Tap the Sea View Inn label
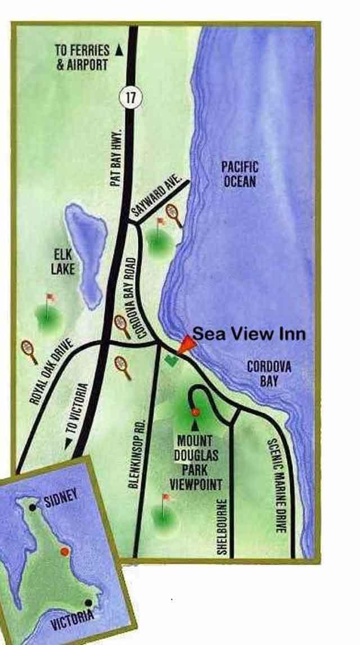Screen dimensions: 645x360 coord(249,334)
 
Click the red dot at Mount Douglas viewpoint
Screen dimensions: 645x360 coord(195,413)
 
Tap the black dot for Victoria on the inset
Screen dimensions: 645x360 coord(88,602)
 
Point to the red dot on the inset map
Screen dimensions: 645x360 coord(65,552)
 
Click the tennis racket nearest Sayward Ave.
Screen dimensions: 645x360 coord(175,216)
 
